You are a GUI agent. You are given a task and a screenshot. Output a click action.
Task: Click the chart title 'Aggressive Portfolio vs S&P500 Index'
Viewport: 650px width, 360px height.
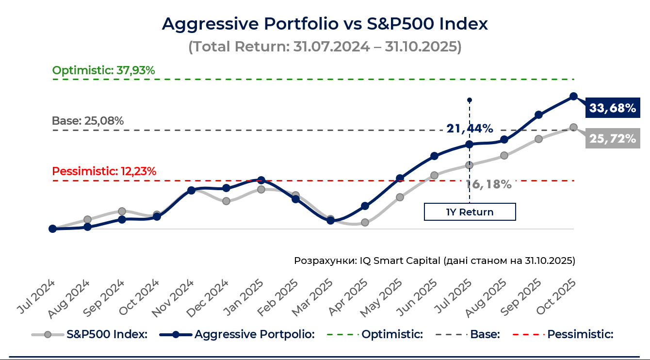click(x=325, y=24)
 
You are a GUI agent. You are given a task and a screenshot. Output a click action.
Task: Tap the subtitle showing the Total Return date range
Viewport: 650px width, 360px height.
click(x=325, y=47)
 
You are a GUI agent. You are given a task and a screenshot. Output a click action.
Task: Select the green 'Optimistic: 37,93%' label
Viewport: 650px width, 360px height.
click(x=103, y=70)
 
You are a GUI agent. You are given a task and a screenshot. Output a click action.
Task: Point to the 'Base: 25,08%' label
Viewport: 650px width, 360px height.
click(x=88, y=121)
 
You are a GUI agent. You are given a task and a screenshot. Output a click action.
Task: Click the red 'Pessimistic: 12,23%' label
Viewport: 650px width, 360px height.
click(x=104, y=171)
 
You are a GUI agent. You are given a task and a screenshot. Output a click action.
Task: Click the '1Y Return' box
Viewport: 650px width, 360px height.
click(x=470, y=212)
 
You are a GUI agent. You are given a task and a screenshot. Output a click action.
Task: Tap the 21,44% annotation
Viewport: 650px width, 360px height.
click(x=470, y=129)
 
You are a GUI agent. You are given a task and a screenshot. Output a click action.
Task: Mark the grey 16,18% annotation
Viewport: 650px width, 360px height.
click(x=489, y=184)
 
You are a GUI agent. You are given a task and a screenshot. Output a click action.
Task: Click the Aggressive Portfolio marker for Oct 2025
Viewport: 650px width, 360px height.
click(x=573, y=97)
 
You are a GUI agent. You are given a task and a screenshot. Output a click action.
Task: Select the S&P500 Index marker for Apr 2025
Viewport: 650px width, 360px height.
click(x=365, y=223)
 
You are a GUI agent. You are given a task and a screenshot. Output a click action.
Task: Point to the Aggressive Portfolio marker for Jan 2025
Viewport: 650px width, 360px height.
click(x=261, y=180)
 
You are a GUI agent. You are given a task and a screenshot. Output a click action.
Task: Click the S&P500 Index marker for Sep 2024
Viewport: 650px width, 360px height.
click(x=122, y=211)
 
